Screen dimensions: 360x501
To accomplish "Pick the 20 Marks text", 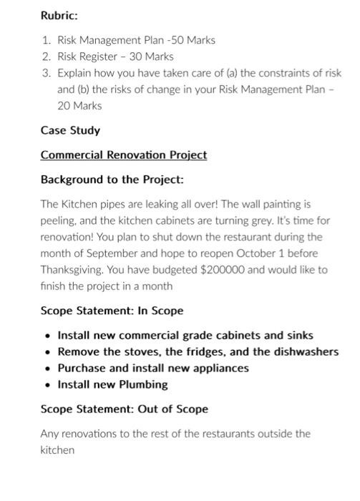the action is pyautogui.click(x=79, y=106).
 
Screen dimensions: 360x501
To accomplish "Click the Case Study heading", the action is pyautogui.click(x=70, y=131).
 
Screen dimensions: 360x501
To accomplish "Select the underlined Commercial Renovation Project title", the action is pyautogui.click(x=124, y=155).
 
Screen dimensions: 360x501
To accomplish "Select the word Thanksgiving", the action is pyautogui.click(x=73, y=270).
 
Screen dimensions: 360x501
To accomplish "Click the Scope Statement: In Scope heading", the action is pyautogui.click(x=112, y=311).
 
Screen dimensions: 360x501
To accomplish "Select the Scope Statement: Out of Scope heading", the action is pyautogui.click(x=124, y=409).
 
